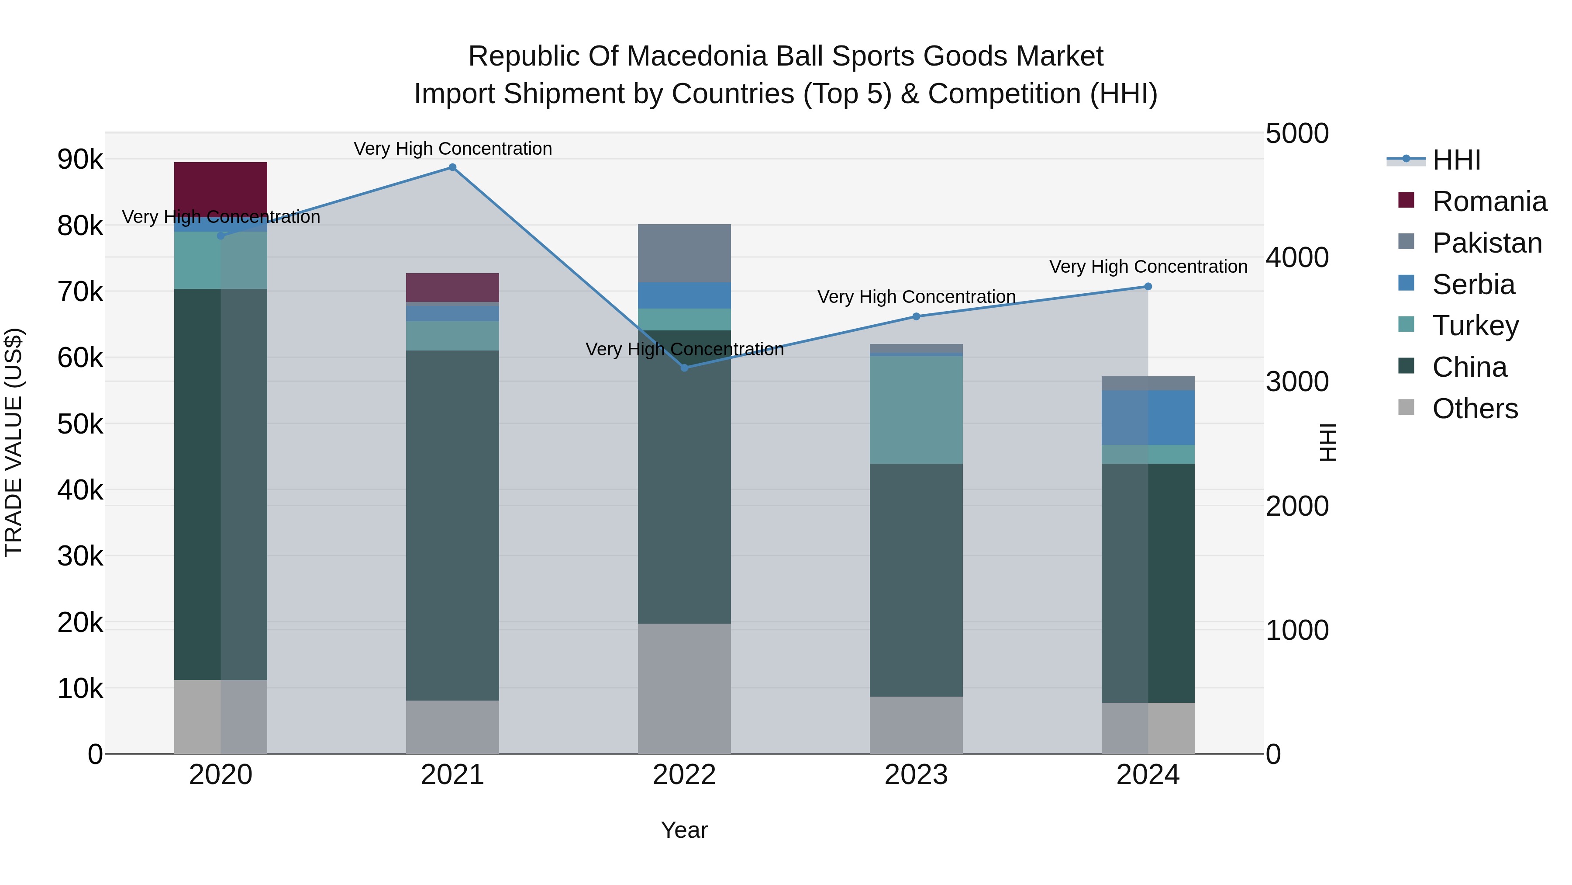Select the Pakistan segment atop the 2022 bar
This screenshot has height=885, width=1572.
pos(684,253)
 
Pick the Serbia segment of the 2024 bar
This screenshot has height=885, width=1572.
pos(1148,417)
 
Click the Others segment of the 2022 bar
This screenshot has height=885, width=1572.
pos(684,688)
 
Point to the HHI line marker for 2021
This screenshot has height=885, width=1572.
pos(452,167)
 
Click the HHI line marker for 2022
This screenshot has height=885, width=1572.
pos(684,368)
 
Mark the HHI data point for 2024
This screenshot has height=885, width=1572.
pos(1148,286)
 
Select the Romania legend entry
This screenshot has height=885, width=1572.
pos(1489,201)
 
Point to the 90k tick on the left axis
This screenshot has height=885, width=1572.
pos(80,160)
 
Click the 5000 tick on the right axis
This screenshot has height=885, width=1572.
pos(1297,134)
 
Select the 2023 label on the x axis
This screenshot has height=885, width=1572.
pos(916,775)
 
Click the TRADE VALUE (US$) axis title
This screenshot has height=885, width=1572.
pos(14,443)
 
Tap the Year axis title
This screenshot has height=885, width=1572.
pos(684,830)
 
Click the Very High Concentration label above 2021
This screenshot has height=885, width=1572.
pos(452,149)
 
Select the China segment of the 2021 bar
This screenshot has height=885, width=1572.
pos(452,525)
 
